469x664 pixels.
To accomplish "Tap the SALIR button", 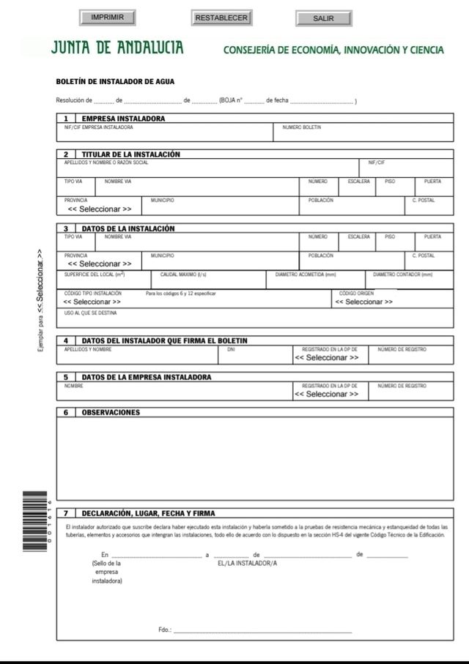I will click(x=323, y=18).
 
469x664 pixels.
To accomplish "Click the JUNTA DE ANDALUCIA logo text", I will click(x=117, y=49).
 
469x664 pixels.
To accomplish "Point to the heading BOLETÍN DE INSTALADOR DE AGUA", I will click(x=115, y=81).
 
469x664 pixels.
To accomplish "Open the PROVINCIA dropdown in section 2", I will click(x=100, y=209).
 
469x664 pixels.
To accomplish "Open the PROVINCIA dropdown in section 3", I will click(x=100, y=264).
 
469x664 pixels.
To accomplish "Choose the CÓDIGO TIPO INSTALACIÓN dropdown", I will click(x=92, y=302).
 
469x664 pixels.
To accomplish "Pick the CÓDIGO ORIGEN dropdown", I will click(x=363, y=302).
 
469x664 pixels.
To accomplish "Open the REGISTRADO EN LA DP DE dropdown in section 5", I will click(x=326, y=394).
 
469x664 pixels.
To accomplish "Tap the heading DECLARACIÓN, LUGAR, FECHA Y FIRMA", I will click(x=148, y=513).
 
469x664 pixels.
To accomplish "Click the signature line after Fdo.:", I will click(x=252, y=630).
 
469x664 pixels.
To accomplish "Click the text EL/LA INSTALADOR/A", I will click(x=248, y=564).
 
